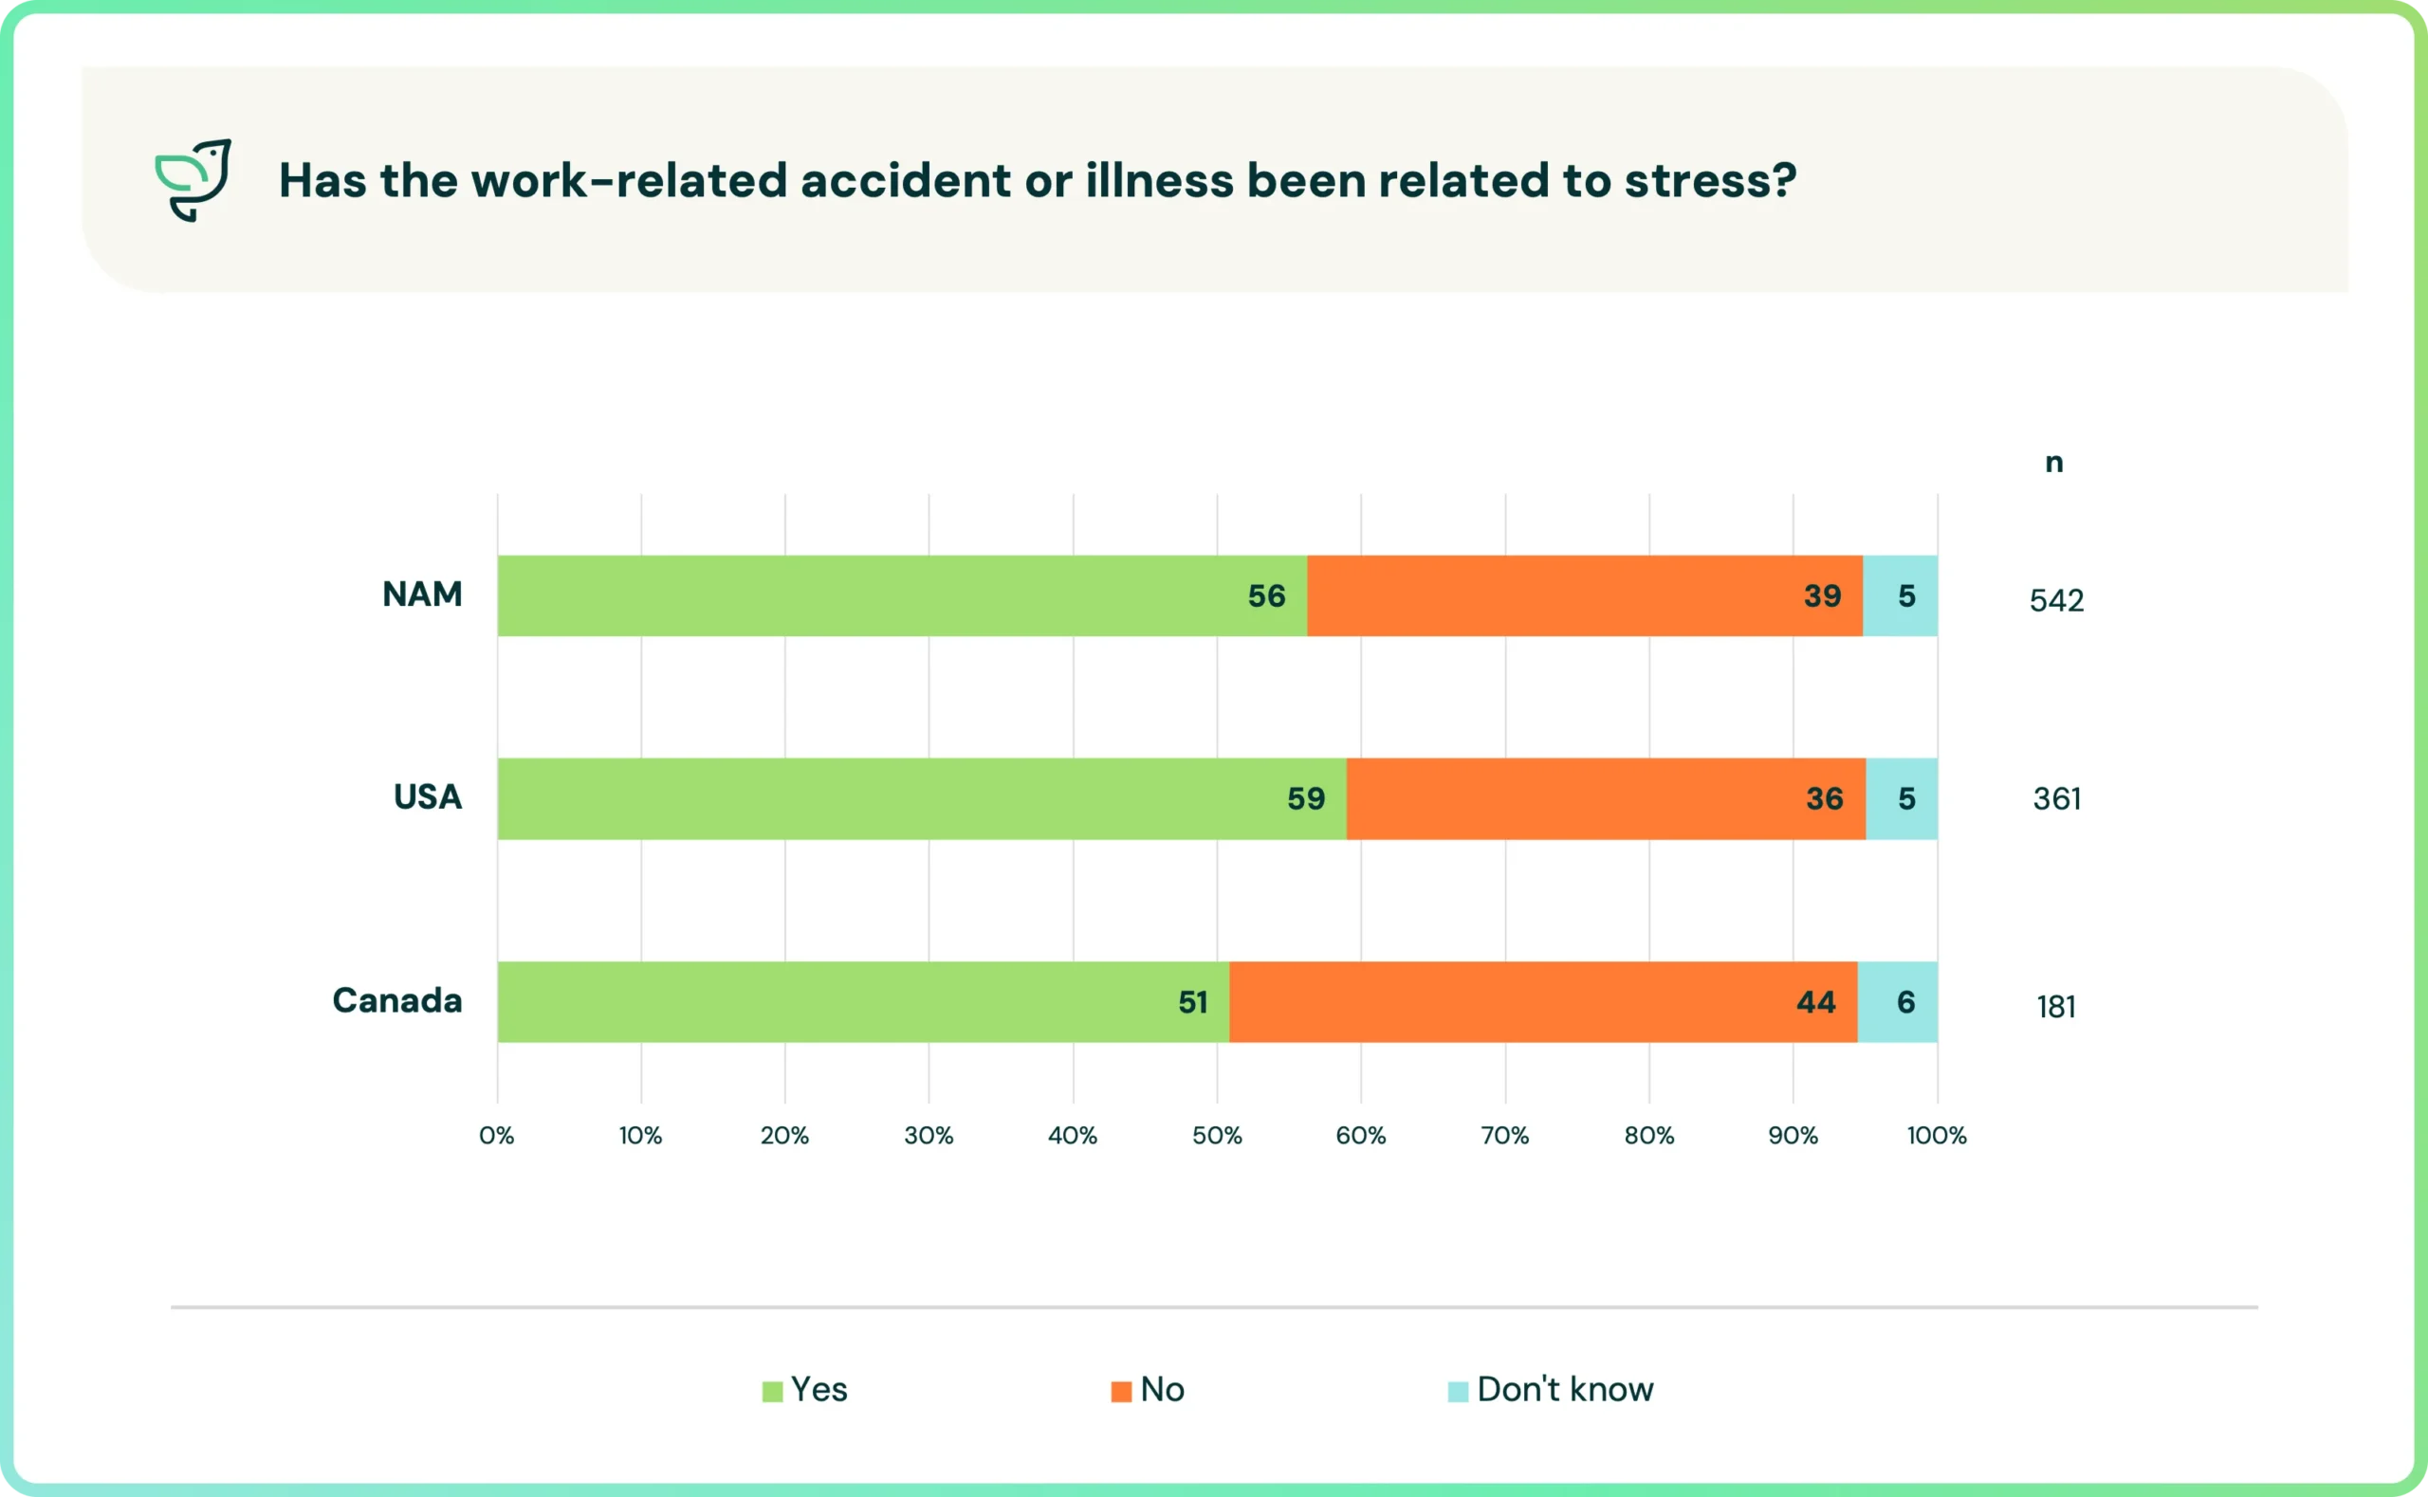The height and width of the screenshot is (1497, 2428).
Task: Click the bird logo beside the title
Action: (193, 180)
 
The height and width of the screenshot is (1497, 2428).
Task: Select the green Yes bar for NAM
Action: (902, 596)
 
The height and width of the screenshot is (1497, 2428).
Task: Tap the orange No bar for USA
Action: (1606, 799)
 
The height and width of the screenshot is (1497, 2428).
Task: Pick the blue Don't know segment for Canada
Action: (1897, 1002)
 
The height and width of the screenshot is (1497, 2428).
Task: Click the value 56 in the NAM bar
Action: (1266, 596)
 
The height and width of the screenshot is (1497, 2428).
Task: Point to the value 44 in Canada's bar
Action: (1816, 1002)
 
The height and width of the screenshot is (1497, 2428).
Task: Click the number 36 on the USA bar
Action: (1824, 799)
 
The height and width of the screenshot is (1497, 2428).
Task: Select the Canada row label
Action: (397, 1000)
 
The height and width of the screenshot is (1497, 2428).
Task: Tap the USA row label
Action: (428, 797)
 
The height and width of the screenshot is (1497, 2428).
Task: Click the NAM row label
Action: (423, 594)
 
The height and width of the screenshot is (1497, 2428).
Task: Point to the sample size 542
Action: (2056, 600)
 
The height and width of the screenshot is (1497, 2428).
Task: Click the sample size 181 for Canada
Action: (2055, 1007)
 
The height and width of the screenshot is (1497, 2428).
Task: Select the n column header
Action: (2054, 463)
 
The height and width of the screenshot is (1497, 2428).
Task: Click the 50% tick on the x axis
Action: (1217, 1136)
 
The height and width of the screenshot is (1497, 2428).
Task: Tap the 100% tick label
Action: (1937, 1136)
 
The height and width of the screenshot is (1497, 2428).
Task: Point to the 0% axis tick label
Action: (497, 1136)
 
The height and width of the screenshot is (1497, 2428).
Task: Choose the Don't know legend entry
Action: (1551, 1389)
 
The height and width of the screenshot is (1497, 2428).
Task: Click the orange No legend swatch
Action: (1121, 1392)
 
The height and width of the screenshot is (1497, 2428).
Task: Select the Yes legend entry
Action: (805, 1389)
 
